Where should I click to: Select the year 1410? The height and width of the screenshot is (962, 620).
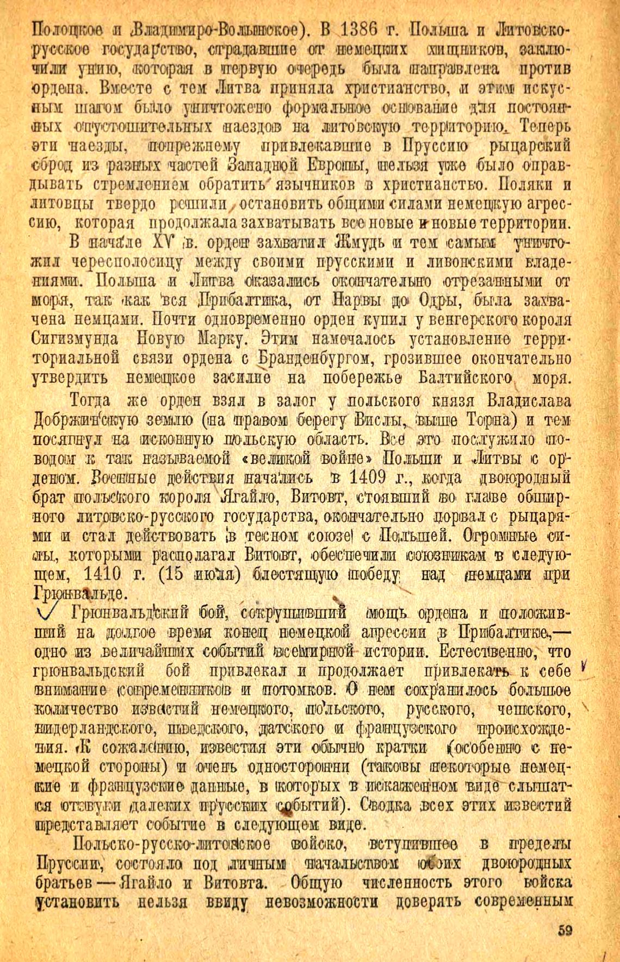click(x=113, y=573)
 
